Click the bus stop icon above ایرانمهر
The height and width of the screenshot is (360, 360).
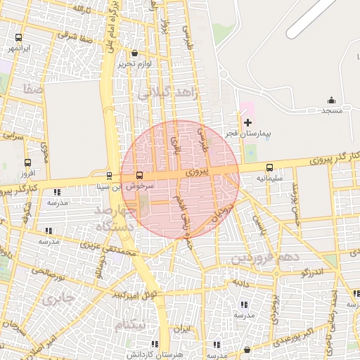coord(18,38)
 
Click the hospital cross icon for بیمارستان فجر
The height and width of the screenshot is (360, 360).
coord(247,122)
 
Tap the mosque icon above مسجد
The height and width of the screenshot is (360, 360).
coord(331,101)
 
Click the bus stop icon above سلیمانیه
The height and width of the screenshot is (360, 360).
coord(270,167)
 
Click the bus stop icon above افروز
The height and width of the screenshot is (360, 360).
coord(27,161)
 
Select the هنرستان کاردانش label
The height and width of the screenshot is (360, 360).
coord(154,354)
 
